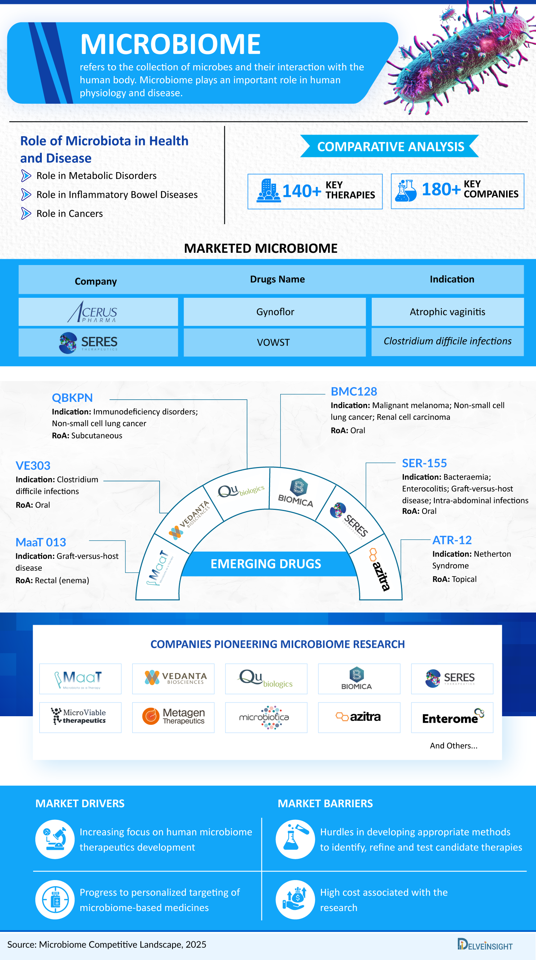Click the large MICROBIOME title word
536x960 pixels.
[x=170, y=44]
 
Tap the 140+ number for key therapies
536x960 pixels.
[x=301, y=191]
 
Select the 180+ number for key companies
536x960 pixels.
[x=441, y=189]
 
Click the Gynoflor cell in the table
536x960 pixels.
[x=275, y=312]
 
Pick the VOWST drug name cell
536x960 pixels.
[x=273, y=342]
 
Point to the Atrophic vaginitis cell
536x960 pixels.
[x=447, y=312]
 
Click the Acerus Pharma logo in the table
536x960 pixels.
[x=93, y=312]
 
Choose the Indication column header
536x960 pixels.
[x=452, y=279]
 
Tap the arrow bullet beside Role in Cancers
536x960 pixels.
[x=26, y=214]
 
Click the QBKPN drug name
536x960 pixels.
[x=72, y=398]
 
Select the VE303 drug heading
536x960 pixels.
[x=33, y=466]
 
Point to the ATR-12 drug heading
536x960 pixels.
[x=452, y=540]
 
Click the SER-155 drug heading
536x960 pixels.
[x=424, y=463]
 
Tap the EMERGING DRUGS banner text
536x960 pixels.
[x=266, y=564]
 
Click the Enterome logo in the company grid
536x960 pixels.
[x=452, y=717]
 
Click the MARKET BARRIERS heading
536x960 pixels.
[x=325, y=803]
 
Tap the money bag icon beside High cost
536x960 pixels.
[x=295, y=900]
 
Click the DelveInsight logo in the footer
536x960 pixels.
[x=484, y=945]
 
